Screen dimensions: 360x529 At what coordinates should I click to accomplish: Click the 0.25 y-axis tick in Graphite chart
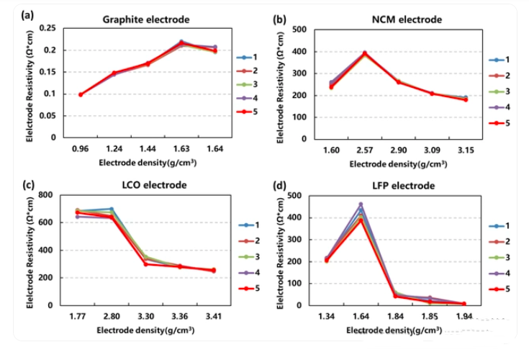click(47, 28)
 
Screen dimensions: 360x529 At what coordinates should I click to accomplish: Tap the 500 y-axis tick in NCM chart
click(299, 30)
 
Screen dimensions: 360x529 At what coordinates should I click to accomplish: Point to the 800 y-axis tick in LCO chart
click(45, 195)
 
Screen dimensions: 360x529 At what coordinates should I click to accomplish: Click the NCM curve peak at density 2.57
click(364, 53)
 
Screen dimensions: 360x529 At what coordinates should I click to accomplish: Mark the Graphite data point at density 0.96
click(81, 94)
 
